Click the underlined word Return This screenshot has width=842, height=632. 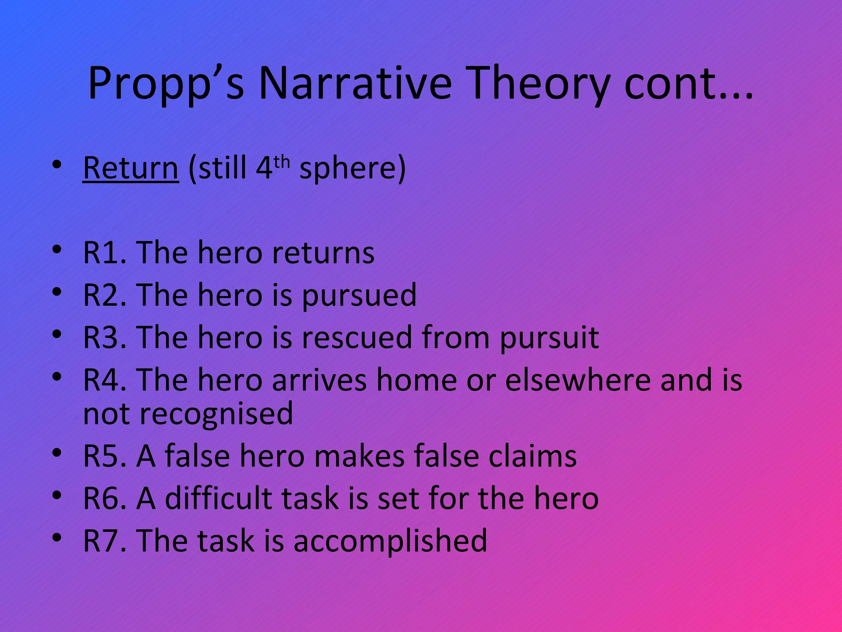[x=131, y=168]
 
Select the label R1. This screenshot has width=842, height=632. [x=104, y=252]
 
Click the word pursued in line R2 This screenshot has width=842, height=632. [x=359, y=295]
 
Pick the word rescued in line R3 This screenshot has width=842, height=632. [x=357, y=337]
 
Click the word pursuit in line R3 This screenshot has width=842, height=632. [x=549, y=337]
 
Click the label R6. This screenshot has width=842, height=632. [x=104, y=498]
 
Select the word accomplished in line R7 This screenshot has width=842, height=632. [x=390, y=541]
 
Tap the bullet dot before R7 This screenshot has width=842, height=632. [x=57, y=537]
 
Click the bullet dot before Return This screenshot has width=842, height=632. [x=57, y=165]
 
